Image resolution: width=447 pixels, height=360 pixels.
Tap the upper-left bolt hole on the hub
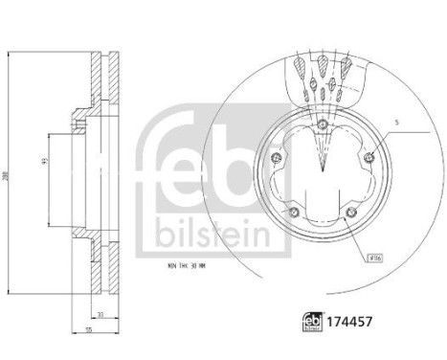point(278,159)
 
